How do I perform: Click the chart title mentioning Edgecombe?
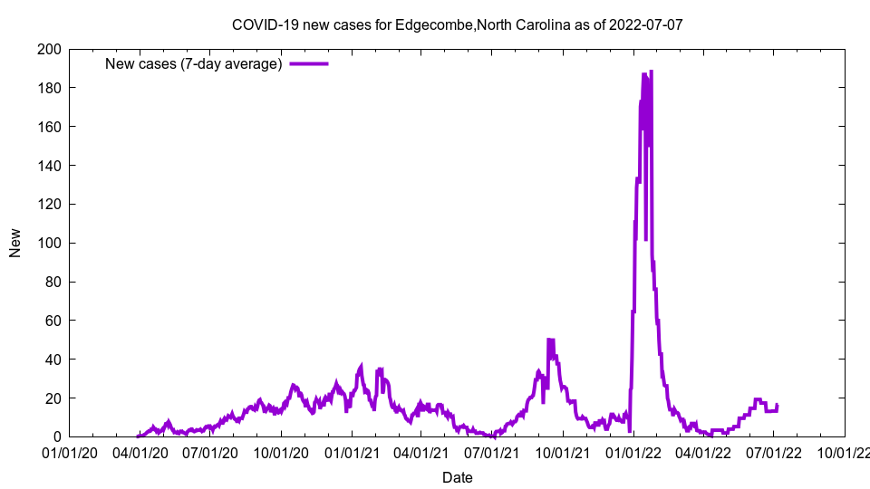[x=457, y=24]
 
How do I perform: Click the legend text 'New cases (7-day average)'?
[x=194, y=63]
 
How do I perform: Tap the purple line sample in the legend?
[x=308, y=63]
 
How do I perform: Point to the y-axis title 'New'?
[x=15, y=243]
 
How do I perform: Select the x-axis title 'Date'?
[x=457, y=476]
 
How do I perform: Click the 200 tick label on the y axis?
[x=49, y=49]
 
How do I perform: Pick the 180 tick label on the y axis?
[x=49, y=88]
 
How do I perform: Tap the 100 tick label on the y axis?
[x=49, y=243]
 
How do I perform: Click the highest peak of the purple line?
[x=651, y=72]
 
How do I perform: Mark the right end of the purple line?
[x=777, y=405]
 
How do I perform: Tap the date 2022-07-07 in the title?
[x=646, y=24]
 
